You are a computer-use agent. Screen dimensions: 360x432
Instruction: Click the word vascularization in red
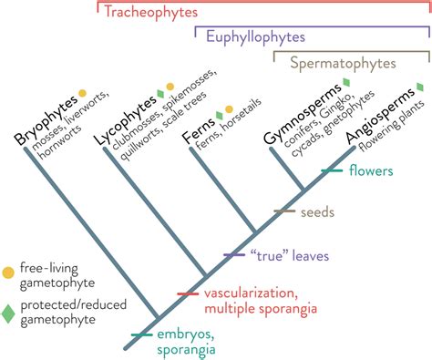[x=250, y=293]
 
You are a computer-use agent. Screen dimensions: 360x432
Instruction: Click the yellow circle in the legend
[x=9, y=271]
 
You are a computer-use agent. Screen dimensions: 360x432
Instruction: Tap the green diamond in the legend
[x=9, y=314]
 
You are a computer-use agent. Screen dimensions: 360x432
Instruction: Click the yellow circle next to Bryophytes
[x=83, y=93]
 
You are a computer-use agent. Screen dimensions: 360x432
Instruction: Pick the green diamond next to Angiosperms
[x=419, y=87]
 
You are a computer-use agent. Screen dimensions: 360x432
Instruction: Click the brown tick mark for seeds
[x=285, y=211]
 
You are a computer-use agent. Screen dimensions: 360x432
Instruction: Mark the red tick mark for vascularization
[x=188, y=293]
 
